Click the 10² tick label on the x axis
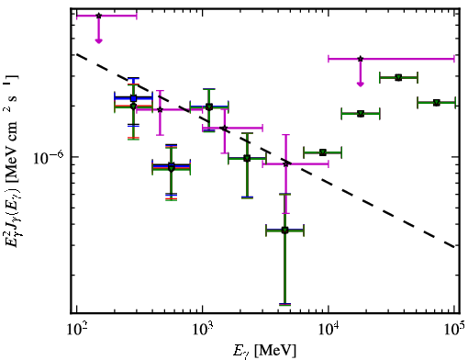(77, 330)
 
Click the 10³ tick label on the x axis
(203, 330)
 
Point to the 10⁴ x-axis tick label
(329, 330)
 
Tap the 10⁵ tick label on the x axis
(454, 330)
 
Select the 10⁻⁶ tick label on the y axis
(49, 158)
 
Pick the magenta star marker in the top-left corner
(98, 16)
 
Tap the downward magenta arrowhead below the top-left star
(98, 41)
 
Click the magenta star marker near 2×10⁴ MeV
(361, 59)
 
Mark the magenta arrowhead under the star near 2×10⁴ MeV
(361, 84)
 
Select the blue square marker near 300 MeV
(133, 98)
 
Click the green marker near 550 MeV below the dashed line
(172, 168)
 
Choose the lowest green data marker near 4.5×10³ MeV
(284, 231)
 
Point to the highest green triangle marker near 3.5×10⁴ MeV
(398, 78)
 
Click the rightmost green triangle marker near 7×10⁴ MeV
(437, 103)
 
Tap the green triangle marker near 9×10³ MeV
(323, 152)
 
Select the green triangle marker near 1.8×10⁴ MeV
(361, 114)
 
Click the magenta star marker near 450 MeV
(160, 109)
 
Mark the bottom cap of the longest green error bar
(284, 305)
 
